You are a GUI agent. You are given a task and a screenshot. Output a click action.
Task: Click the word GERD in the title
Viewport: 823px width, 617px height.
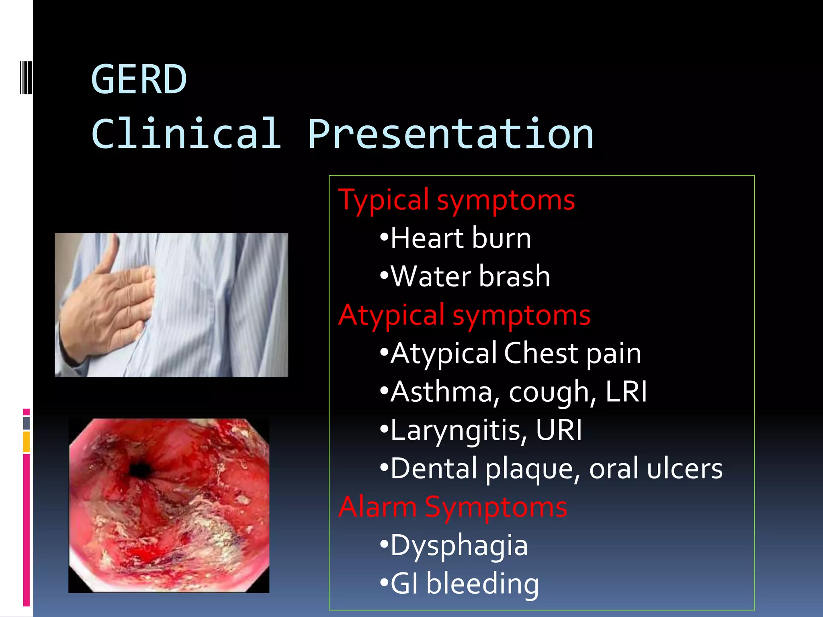tap(139, 80)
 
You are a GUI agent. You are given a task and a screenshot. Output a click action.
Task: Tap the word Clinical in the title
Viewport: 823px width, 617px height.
tap(186, 134)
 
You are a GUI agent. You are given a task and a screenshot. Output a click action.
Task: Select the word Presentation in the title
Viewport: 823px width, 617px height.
tap(450, 134)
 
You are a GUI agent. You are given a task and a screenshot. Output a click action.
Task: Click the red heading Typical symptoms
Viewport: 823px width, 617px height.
tap(457, 200)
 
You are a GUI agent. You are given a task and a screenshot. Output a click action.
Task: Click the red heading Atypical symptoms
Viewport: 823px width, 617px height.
tap(465, 315)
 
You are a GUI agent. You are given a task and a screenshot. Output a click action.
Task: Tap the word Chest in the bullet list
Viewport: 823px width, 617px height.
tap(540, 353)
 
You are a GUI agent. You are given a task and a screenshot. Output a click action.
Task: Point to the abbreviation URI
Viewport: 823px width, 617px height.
tap(559, 430)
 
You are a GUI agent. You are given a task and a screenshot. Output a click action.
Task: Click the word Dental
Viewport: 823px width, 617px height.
tap(434, 468)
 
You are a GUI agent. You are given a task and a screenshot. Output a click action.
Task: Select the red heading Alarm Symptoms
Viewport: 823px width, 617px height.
tap(453, 507)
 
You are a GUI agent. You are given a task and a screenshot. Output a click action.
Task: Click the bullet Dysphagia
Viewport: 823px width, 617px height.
tap(459, 546)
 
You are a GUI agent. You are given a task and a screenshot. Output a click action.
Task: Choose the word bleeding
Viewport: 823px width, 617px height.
tap(482, 584)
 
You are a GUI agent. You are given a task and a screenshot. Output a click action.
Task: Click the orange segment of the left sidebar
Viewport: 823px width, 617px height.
tap(27, 442)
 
